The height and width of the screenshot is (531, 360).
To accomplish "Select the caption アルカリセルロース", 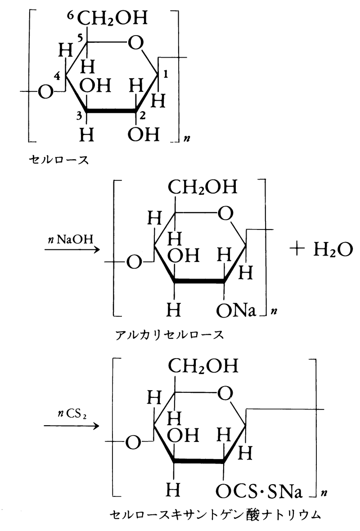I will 169,335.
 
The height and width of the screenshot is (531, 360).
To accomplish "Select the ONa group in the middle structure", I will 235,311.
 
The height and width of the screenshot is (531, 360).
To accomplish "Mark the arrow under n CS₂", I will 72,426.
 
